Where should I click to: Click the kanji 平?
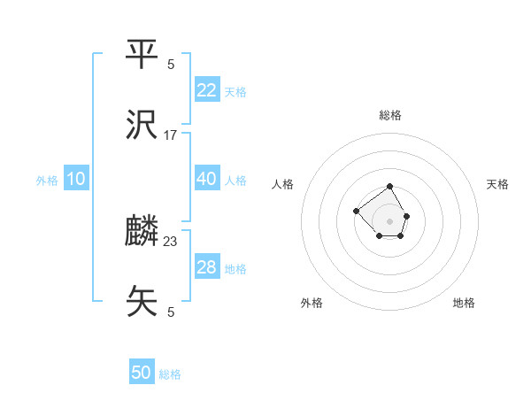(142, 56)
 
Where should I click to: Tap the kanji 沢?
(142, 126)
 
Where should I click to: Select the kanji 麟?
(142, 232)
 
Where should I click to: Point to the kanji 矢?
(142, 302)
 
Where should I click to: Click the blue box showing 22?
(207, 90)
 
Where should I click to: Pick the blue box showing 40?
(207, 179)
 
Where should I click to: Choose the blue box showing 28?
(207, 267)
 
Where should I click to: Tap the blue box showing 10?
(76, 179)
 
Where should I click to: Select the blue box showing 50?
(142, 373)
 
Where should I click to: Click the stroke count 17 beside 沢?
(171, 135)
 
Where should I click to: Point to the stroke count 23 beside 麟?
(171, 241)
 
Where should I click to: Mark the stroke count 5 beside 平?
(171, 64)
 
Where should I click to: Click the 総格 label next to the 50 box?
(170, 374)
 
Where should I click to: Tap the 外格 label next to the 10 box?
(47, 181)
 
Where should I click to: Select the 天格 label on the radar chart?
(497, 184)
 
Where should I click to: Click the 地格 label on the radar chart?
(464, 303)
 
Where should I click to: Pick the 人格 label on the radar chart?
(283, 184)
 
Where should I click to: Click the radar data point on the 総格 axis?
(389, 187)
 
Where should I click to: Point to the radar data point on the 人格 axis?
(356, 211)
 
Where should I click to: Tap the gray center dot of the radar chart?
(389, 221)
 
